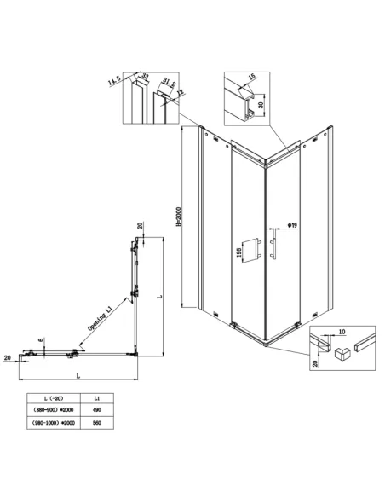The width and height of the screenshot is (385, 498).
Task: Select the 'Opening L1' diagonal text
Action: tap(101, 325)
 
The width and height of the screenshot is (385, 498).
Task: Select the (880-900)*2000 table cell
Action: tap(51, 408)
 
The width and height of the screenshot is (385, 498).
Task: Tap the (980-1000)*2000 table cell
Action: tap(51, 420)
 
